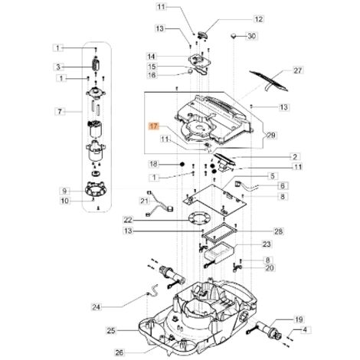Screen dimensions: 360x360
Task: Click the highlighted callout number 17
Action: [154, 126]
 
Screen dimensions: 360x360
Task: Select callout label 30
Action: [252, 36]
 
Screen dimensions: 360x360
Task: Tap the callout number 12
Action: [259, 19]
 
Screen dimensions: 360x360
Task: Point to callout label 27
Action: [298, 70]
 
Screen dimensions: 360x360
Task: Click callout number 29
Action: [271, 135]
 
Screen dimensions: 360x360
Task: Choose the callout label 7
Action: [60, 112]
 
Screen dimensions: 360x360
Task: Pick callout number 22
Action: [128, 220]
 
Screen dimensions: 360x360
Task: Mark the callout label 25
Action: [111, 331]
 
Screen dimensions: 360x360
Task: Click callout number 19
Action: [299, 319]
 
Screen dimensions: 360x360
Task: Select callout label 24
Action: [97, 307]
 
